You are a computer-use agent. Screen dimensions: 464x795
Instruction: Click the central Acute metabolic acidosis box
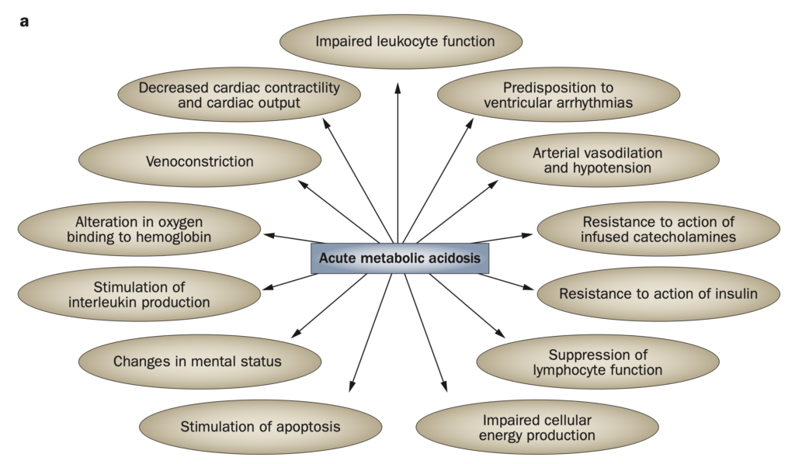point(400,258)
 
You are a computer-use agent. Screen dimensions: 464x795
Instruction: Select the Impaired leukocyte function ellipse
point(404,40)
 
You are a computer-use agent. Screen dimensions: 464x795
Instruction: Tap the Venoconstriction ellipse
point(200,161)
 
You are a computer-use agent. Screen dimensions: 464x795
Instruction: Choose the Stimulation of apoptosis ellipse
point(260,426)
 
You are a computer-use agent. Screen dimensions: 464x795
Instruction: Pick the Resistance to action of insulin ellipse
point(658,293)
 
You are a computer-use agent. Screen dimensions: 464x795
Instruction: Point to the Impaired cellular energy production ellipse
point(537,428)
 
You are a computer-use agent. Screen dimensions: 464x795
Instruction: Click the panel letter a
point(24,21)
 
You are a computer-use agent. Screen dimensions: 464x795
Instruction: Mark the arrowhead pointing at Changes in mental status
point(294,335)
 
